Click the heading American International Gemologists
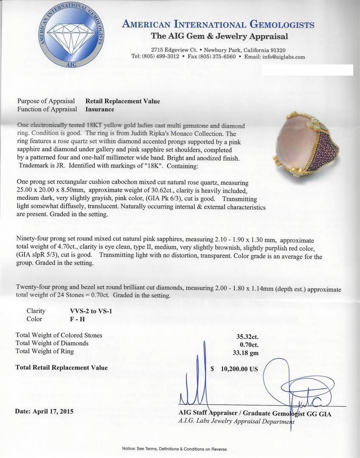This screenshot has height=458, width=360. click(x=218, y=25)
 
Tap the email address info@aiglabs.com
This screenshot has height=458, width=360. click(x=287, y=57)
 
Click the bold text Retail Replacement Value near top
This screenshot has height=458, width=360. click(x=123, y=101)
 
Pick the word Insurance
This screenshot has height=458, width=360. click(x=100, y=109)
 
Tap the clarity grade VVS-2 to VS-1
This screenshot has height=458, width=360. click(x=88, y=311)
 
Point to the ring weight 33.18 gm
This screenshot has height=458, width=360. click(x=247, y=352)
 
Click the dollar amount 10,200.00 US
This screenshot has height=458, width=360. click(x=239, y=369)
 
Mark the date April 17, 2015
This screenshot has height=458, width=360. click(x=44, y=411)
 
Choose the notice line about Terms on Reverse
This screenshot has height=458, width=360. click(x=174, y=449)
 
